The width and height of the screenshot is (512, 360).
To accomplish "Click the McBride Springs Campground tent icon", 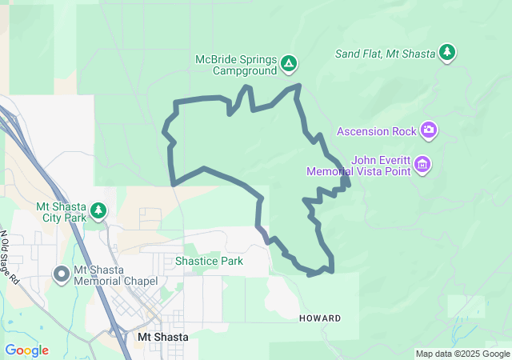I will pyautogui.click(x=289, y=63).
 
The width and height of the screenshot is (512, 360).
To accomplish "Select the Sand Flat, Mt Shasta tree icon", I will pyautogui.click(x=447, y=53).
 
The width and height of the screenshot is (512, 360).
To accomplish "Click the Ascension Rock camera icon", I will pyautogui.click(x=430, y=129).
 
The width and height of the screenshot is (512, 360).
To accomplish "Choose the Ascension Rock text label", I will pyautogui.click(x=378, y=130).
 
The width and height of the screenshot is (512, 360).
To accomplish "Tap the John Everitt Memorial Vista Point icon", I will pyautogui.click(x=423, y=166).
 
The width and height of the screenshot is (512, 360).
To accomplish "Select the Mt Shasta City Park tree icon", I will pyautogui.click(x=98, y=211).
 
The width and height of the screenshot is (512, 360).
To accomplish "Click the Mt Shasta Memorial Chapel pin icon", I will pyautogui.click(x=61, y=274).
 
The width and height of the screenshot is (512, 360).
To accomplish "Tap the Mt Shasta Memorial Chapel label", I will pyautogui.click(x=115, y=275).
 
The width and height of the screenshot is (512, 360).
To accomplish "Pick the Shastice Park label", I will pyautogui.click(x=209, y=261).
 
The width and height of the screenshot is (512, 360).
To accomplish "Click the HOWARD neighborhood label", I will pyautogui.click(x=320, y=318).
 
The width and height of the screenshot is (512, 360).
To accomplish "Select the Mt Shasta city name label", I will pyautogui.click(x=163, y=337).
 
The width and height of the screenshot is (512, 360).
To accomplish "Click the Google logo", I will pyautogui.click(x=26, y=350).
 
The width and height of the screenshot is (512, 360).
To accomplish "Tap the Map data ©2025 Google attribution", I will pyautogui.click(x=462, y=354).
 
